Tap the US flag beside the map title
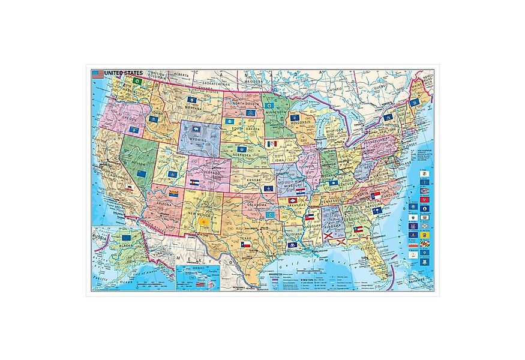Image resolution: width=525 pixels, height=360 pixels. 97,74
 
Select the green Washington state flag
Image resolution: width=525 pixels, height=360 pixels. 136,81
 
